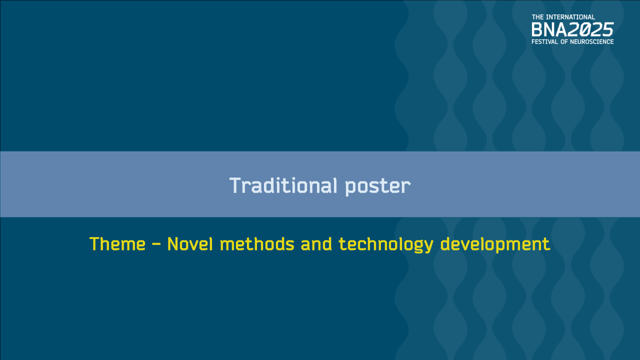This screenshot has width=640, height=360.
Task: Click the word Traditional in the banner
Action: click(x=284, y=185)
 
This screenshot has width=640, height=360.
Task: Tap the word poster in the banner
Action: click(x=378, y=186)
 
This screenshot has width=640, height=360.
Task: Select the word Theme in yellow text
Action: click(x=117, y=244)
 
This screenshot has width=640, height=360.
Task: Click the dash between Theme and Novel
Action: click(x=156, y=244)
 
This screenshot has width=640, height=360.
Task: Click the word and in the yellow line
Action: click(x=316, y=244)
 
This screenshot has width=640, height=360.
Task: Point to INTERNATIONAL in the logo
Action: click(x=570, y=17)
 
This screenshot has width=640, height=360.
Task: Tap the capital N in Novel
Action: click(x=172, y=244)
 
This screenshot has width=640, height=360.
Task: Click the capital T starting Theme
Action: click(x=94, y=244)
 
